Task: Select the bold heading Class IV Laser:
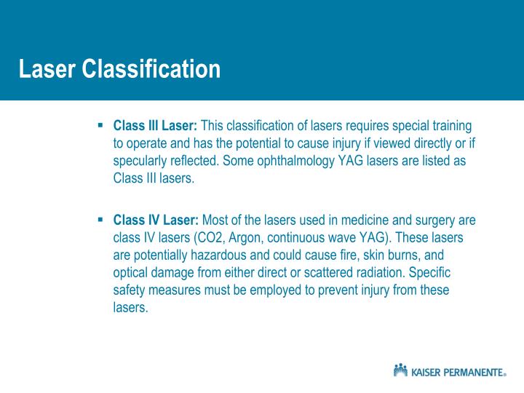pyautogui.click(x=156, y=221)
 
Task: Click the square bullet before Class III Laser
pyautogui.click(x=100, y=125)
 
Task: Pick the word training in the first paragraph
pyautogui.click(x=450, y=126)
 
